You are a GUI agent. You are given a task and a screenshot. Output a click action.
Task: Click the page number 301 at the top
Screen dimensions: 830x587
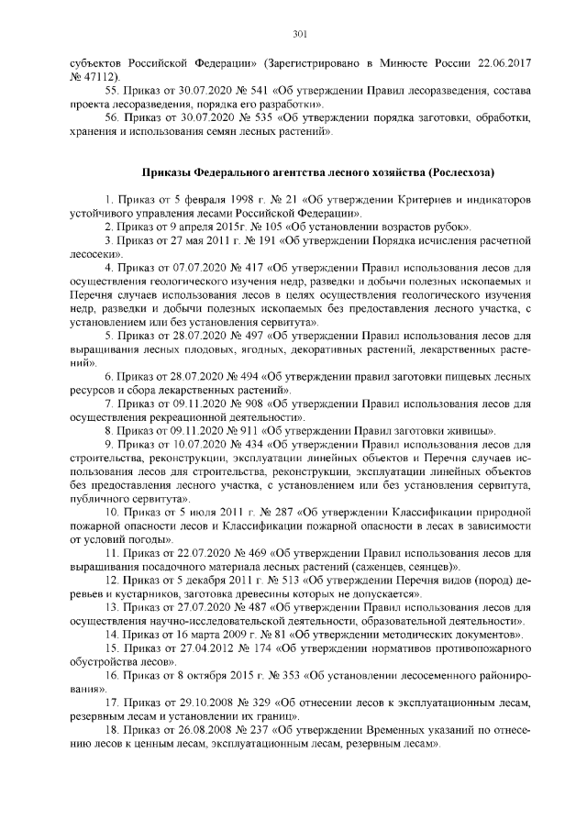pos(299,35)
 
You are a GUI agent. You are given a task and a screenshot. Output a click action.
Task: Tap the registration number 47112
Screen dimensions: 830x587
pos(101,80)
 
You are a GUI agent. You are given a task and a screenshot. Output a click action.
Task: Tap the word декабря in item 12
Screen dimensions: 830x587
pos(201,581)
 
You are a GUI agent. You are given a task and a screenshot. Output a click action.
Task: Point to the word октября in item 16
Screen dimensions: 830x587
pos(199,675)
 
